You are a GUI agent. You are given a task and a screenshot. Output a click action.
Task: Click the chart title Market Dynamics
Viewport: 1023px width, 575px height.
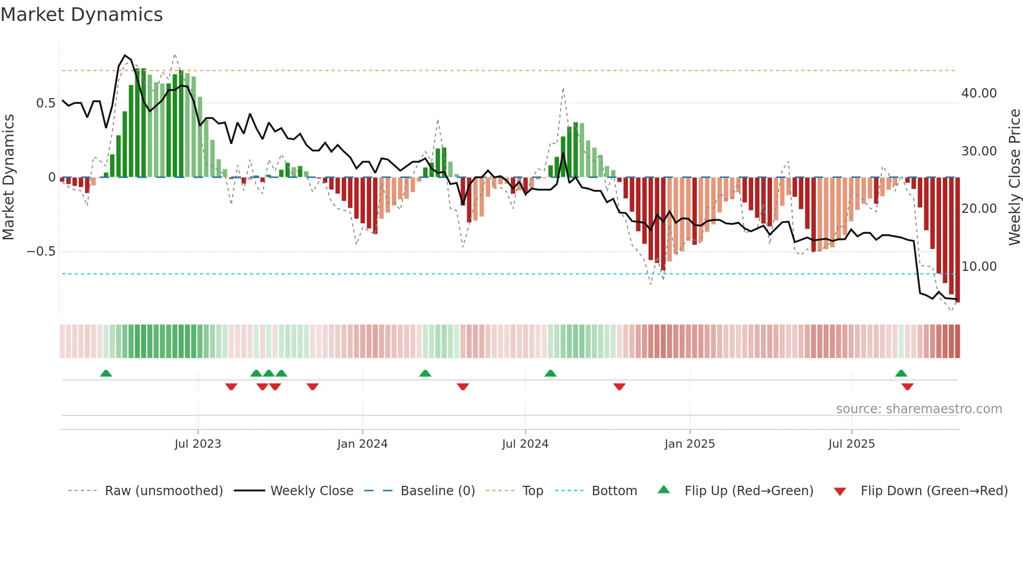tap(82, 15)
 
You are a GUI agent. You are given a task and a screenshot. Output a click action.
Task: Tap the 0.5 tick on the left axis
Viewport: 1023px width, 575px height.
tap(45, 103)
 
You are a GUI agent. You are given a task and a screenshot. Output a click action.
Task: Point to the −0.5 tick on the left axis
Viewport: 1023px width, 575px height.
tap(41, 251)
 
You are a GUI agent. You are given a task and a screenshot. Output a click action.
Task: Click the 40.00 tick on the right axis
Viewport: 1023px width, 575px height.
tap(979, 93)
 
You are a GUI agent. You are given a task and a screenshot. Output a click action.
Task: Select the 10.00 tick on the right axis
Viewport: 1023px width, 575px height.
tap(979, 267)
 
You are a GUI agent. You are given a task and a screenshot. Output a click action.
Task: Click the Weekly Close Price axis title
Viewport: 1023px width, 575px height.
tap(1014, 177)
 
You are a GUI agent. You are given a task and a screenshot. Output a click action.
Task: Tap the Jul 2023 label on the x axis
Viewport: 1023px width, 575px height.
tap(198, 444)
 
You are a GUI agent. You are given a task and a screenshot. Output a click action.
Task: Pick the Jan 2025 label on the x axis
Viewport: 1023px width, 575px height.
tap(689, 444)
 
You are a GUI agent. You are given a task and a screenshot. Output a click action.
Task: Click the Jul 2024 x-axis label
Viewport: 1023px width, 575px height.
tap(525, 444)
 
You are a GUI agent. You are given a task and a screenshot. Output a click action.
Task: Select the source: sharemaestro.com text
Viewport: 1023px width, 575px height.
tap(919, 409)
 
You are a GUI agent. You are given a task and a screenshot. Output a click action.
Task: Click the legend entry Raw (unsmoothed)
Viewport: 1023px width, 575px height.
tap(163, 491)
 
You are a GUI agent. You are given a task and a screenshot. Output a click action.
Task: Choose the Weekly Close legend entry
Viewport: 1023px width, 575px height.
tap(312, 491)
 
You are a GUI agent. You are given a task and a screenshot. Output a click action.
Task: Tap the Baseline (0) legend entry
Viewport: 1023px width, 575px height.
tap(437, 491)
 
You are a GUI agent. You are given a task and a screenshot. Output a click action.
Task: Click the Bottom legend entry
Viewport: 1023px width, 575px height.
tap(614, 491)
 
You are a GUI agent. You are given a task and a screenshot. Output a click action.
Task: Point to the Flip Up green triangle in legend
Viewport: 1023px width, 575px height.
tap(663, 489)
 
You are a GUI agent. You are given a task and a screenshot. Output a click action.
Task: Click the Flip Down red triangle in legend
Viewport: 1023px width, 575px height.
tap(840, 492)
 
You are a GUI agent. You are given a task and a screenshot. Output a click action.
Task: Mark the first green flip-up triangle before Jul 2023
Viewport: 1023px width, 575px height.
tap(106, 373)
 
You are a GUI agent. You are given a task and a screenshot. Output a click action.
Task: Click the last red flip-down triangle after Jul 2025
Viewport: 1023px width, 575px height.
tap(907, 387)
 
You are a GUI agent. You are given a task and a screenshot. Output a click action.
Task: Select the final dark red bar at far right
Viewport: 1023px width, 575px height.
tap(957, 240)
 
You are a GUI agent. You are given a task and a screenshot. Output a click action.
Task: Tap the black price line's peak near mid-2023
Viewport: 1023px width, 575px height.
tap(125, 55)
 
